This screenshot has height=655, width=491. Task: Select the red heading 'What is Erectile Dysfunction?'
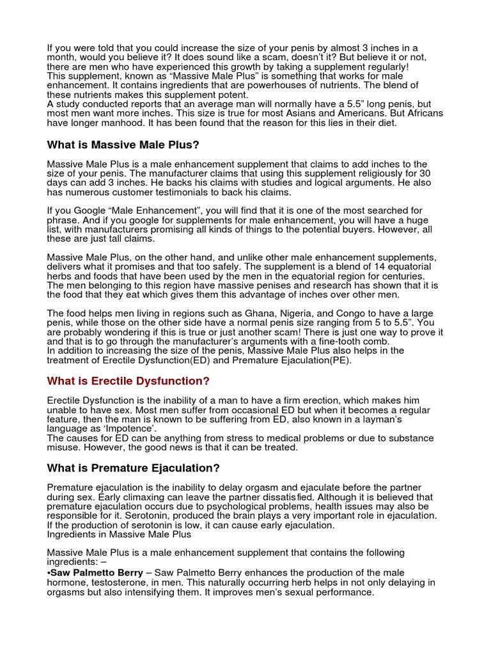tap(129, 381)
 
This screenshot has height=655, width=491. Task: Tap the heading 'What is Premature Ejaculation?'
tap(134, 468)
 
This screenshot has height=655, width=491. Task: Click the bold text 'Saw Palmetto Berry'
tap(93, 572)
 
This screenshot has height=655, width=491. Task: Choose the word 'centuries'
tap(410, 276)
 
